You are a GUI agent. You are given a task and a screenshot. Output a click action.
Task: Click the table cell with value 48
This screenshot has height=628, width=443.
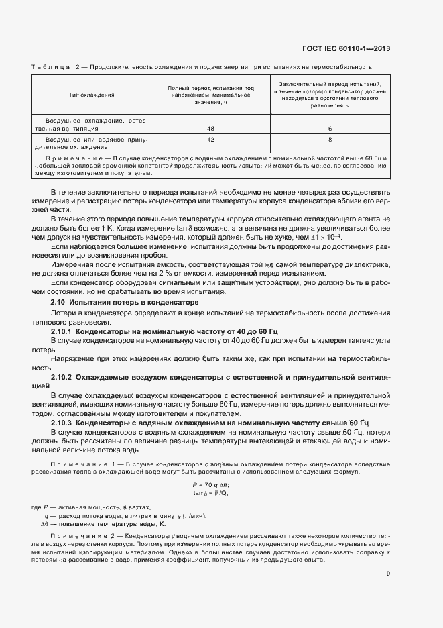coord(210,127)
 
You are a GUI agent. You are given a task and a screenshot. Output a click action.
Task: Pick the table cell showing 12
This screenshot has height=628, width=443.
coord(210,140)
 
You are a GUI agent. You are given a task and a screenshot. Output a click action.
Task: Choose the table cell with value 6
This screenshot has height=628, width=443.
coord(330,127)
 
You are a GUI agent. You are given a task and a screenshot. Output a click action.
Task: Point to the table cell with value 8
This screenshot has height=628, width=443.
coord(330,140)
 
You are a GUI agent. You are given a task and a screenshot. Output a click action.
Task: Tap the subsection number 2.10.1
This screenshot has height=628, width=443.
coord(62,331)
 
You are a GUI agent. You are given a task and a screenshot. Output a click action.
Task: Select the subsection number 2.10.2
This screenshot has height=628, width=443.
coord(62,378)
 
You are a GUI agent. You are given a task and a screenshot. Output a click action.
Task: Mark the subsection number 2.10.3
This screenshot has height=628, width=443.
coord(62,424)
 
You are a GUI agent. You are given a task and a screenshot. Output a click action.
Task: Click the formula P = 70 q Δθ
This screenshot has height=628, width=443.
coord(210,484)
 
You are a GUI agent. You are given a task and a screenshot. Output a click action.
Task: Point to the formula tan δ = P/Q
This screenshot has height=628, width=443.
coord(210,493)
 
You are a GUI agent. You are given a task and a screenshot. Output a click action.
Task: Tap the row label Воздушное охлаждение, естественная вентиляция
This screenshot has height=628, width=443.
coord(92,124)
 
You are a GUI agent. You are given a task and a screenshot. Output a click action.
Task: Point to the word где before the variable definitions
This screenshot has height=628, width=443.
coord(37,507)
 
